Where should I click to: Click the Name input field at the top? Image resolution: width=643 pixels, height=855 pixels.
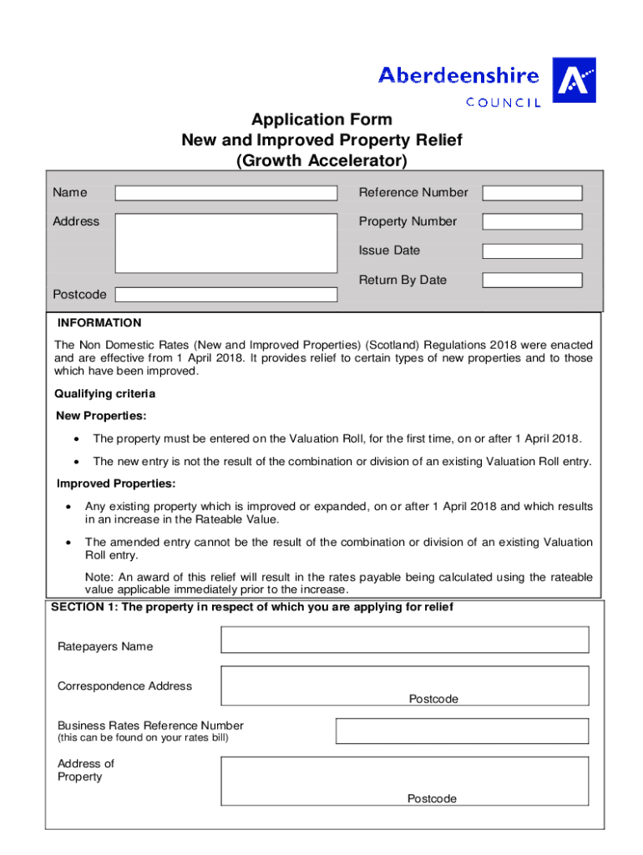(x=225, y=193)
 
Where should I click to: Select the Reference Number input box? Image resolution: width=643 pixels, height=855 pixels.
(x=532, y=193)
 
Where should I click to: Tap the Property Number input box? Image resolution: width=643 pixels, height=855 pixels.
(x=532, y=222)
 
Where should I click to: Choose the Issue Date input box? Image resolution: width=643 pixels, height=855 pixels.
(x=532, y=251)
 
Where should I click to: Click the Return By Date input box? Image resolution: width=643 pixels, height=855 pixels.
(x=532, y=281)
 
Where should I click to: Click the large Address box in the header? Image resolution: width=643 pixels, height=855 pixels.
(x=225, y=243)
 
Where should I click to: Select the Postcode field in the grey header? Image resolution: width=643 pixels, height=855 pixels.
(x=225, y=295)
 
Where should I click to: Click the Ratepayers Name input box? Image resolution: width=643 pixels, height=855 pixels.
(x=404, y=640)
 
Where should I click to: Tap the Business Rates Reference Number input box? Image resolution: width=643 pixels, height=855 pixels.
(x=462, y=731)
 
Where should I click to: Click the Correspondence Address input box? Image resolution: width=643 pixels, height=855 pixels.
(x=404, y=686)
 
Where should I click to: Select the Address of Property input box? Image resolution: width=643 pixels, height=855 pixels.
(x=404, y=781)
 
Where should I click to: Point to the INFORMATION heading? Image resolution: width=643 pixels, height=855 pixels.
(x=99, y=323)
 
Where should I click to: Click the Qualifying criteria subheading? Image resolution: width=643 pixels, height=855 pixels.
(x=104, y=393)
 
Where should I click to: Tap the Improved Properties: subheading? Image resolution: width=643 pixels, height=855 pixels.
(x=116, y=483)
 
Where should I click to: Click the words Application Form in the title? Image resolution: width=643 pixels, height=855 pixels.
(x=321, y=120)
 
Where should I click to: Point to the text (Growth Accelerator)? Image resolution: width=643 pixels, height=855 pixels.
(x=321, y=159)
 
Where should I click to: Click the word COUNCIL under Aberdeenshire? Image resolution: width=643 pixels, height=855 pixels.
(x=503, y=103)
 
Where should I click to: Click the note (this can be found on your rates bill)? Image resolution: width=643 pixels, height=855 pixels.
(x=142, y=738)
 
